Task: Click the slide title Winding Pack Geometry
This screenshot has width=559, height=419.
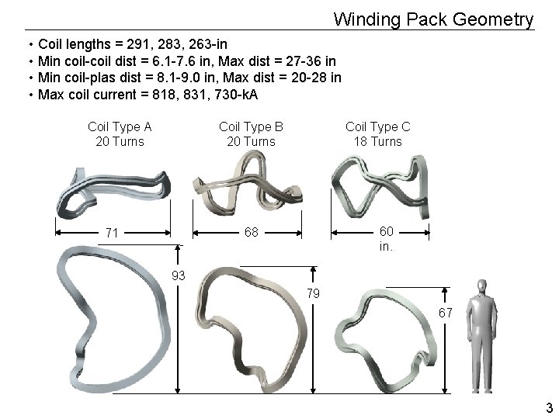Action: [433, 19]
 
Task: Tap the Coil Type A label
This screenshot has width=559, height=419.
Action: [120, 126]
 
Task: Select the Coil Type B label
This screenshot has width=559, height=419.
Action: [251, 126]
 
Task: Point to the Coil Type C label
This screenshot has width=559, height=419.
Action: [378, 126]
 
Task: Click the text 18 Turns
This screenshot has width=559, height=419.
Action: [378, 141]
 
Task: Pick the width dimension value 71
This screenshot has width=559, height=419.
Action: [112, 233]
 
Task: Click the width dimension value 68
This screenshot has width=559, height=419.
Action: [251, 233]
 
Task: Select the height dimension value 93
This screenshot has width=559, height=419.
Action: [179, 275]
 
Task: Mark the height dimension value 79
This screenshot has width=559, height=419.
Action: [313, 293]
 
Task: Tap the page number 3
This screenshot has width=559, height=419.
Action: [549, 408]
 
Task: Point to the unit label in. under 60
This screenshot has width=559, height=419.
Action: [386, 247]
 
